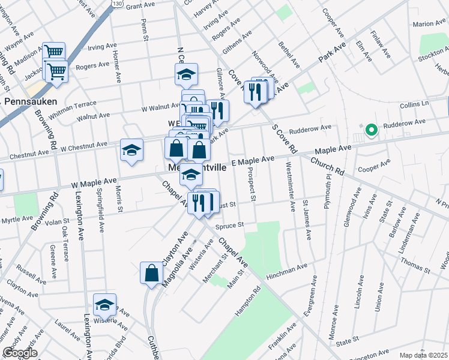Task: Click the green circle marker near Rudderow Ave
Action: pos(371,129)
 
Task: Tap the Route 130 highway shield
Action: pos(116,4)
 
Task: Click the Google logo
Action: pos(20,353)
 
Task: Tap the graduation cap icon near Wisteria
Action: pos(104,305)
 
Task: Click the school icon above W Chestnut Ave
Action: pos(132,150)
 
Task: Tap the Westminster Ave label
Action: pos(291,187)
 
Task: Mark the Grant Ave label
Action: pos(141,5)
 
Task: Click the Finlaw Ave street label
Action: pos(381,44)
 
